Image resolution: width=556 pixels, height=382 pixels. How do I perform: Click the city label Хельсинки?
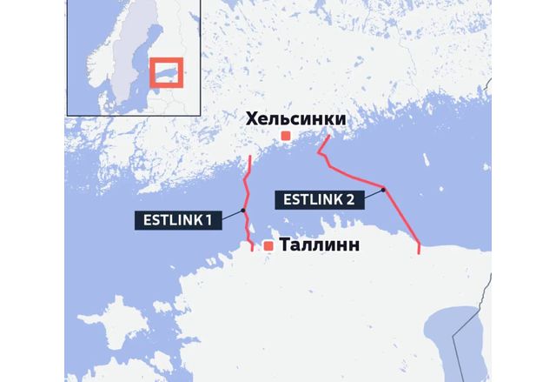(x=295, y=118)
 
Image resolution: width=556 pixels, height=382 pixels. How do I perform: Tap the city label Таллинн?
(x=320, y=246)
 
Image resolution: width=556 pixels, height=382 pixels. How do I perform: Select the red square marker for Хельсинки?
(x=285, y=136)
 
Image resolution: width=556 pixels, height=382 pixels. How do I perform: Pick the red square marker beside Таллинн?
(x=268, y=246)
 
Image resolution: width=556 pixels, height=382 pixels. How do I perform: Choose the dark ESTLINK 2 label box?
(x=319, y=199)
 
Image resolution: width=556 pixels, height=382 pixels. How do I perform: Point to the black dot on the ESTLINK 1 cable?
(x=244, y=210)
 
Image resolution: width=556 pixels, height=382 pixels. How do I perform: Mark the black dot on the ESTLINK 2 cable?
(x=383, y=189)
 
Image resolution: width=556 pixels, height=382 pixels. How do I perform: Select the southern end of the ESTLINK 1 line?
(x=253, y=249)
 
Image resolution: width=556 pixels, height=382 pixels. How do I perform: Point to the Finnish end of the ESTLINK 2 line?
(x=328, y=137)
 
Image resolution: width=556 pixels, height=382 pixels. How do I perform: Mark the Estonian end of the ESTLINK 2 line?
(x=420, y=252)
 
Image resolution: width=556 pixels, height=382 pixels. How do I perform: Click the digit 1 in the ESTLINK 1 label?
(x=208, y=219)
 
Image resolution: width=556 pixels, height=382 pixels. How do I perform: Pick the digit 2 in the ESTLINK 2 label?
(x=350, y=199)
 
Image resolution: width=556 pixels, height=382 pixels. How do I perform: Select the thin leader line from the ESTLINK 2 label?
(x=373, y=193)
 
